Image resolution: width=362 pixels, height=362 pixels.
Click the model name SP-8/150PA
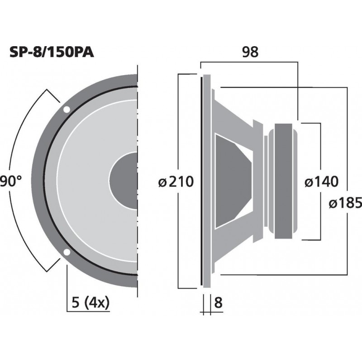point(52,53)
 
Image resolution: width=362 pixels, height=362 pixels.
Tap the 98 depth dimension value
point(249,52)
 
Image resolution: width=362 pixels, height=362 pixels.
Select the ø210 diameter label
point(176,182)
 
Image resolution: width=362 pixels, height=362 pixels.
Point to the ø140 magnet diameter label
point(321,182)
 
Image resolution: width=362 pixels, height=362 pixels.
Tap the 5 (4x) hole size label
point(91,303)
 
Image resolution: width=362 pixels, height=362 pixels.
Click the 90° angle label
point(11,182)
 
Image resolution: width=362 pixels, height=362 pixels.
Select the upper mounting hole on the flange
point(67,110)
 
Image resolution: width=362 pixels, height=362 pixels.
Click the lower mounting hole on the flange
point(67,252)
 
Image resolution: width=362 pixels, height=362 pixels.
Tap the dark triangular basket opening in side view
point(231,181)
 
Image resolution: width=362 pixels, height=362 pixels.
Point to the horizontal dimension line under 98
point(249,62)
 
